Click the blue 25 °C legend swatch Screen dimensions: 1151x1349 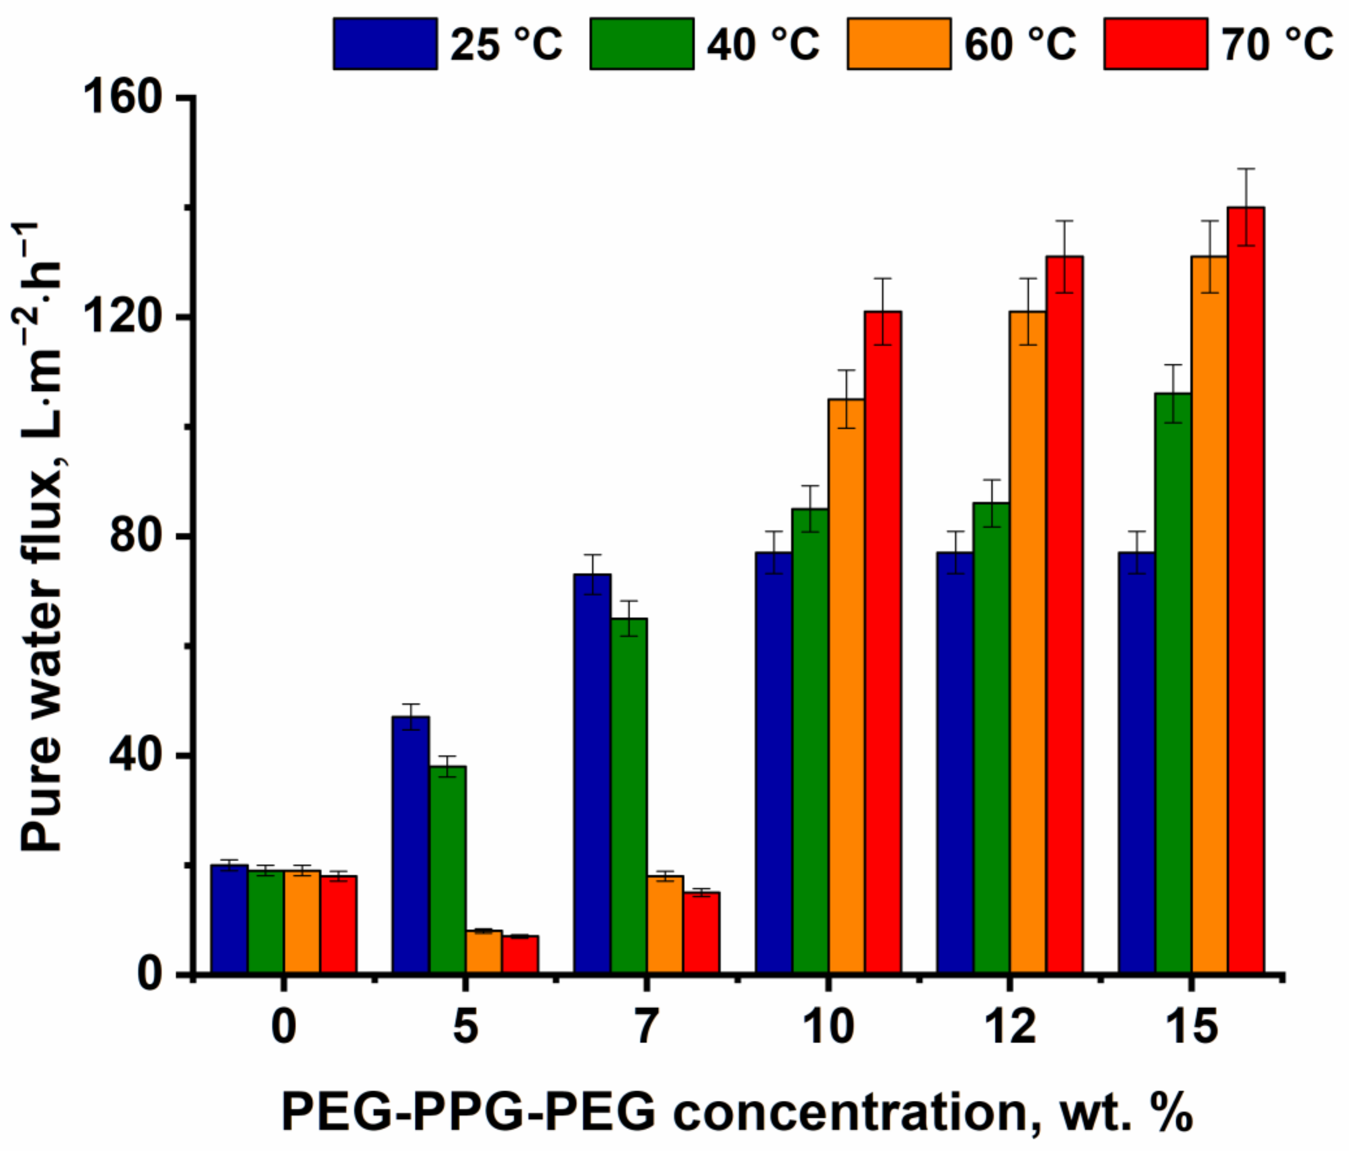pyautogui.click(x=385, y=44)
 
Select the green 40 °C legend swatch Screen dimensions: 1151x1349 pyautogui.click(x=641, y=44)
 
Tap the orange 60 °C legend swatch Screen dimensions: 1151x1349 pyautogui.click(x=898, y=44)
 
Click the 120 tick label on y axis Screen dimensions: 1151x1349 pyautogui.click(x=124, y=317)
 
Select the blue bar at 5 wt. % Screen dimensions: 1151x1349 pyautogui.click(x=411, y=846)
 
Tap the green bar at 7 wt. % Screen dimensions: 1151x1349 pyautogui.click(x=629, y=798)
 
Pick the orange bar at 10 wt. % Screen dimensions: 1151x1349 pyautogui.click(x=846, y=687)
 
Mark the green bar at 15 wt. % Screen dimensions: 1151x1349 pyautogui.click(x=1173, y=684)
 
